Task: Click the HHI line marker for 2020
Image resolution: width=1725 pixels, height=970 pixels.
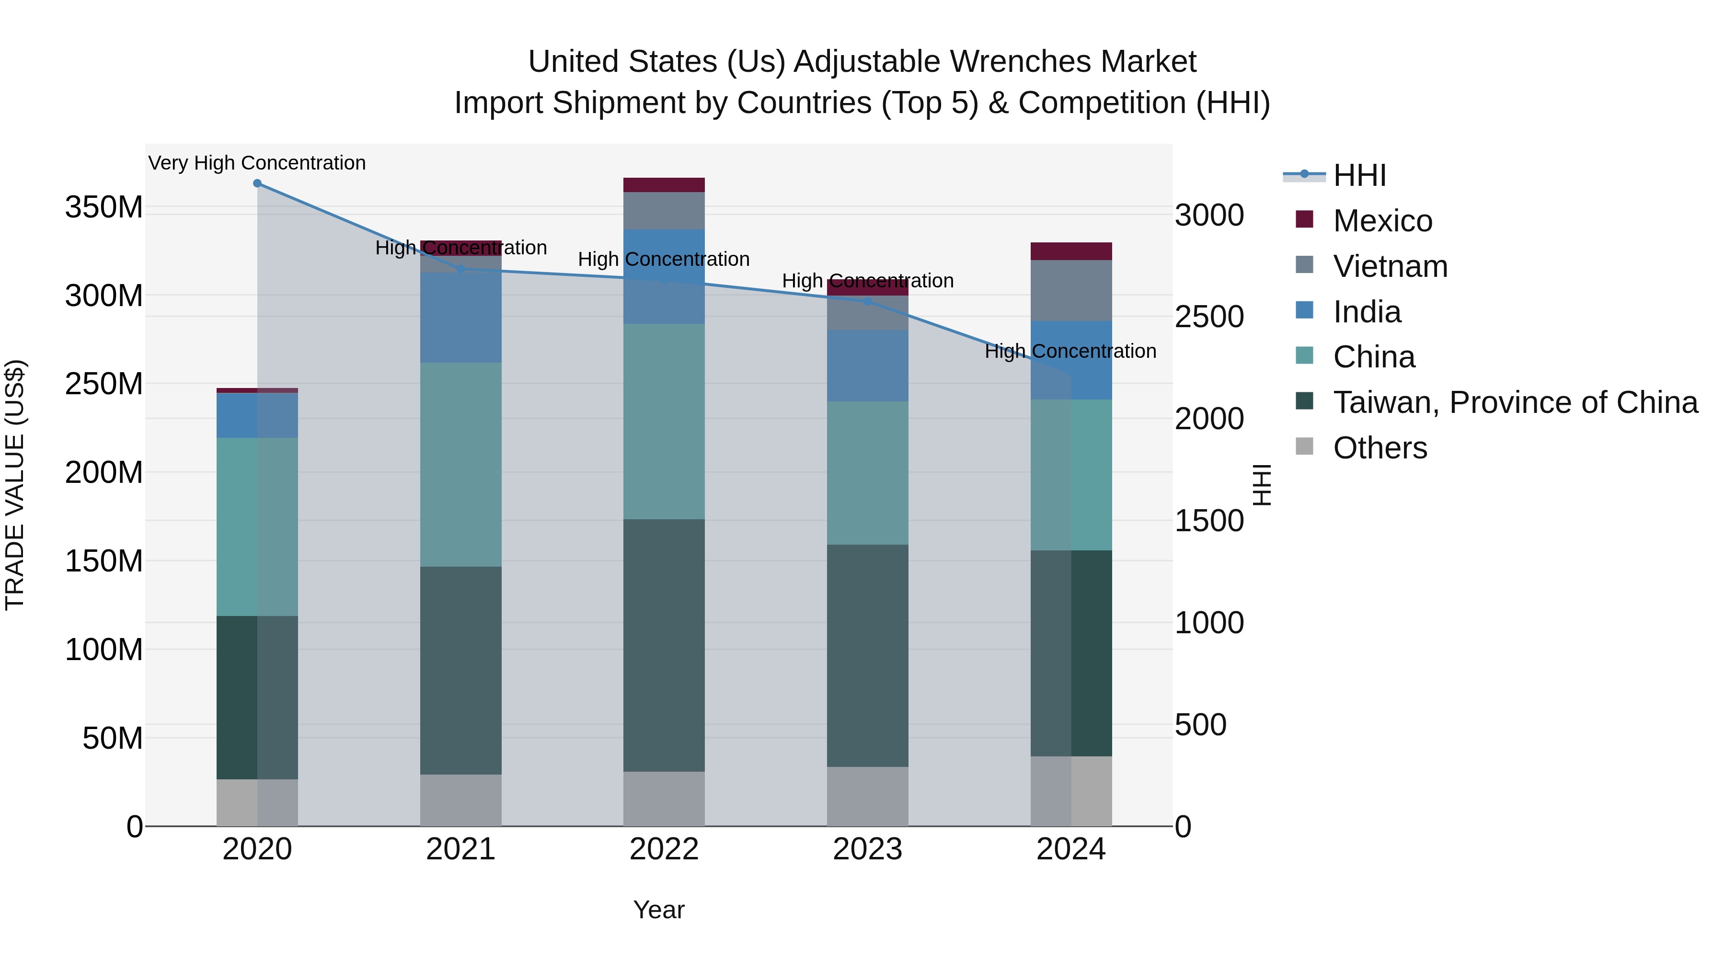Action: point(257,183)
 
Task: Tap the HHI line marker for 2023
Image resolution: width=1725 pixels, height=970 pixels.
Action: point(867,301)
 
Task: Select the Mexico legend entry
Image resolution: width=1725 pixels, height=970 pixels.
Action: point(1381,221)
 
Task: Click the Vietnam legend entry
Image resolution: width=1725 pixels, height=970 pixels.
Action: point(1390,266)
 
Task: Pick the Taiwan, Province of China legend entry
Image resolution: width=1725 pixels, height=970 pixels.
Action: point(1515,402)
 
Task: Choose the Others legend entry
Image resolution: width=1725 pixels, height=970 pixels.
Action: point(1380,448)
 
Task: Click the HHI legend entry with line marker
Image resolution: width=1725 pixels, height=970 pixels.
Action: point(1359,175)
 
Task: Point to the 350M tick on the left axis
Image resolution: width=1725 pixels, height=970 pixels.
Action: point(104,207)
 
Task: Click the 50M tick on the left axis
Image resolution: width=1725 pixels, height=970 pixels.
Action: point(113,738)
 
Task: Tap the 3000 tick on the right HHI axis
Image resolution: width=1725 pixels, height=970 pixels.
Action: point(1209,216)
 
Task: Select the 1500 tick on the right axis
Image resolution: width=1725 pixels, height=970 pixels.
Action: point(1209,521)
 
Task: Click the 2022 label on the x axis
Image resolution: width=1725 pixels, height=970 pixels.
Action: point(664,849)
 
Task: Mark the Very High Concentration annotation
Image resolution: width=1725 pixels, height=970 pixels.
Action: point(257,163)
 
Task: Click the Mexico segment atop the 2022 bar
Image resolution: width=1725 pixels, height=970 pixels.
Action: point(664,185)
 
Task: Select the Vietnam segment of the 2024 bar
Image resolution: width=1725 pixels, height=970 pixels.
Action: point(1071,291)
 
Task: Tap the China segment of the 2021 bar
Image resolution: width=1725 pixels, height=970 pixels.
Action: point(460,465)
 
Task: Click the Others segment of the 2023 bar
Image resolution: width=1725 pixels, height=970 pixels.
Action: point(867,796)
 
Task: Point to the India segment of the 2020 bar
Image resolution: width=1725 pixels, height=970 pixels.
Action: point(257,416)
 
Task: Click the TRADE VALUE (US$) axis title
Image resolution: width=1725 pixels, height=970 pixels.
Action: point(15,485)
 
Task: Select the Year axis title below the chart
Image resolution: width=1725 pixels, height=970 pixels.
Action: point(659,910)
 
